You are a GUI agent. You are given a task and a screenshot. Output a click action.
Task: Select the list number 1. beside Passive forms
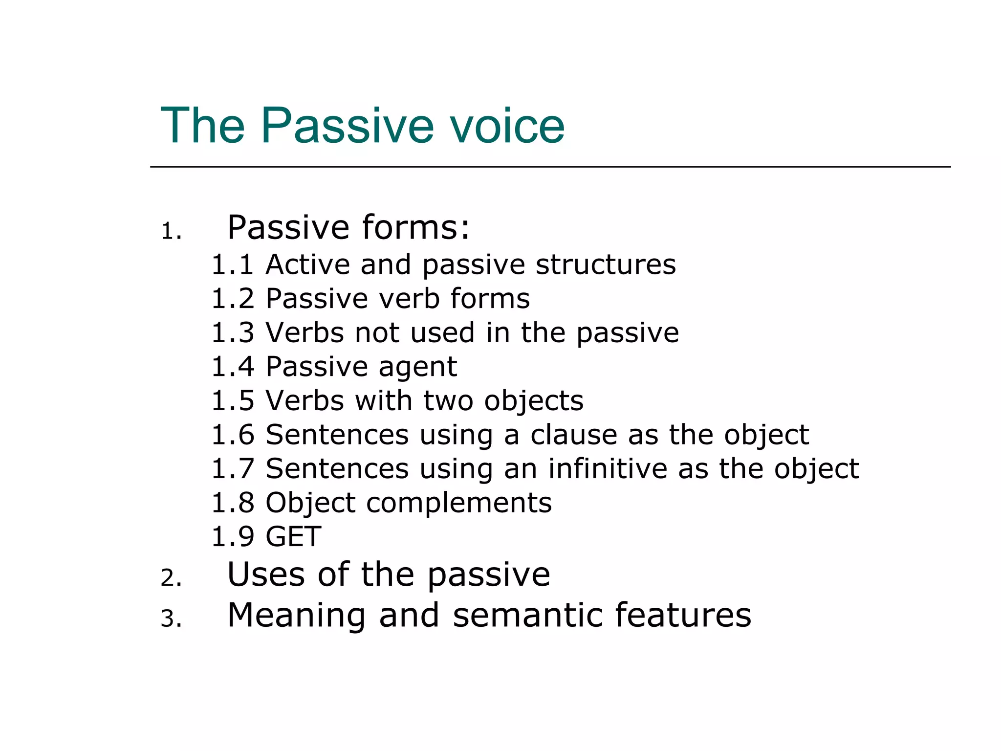171,232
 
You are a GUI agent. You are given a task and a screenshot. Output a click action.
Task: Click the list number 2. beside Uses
171,578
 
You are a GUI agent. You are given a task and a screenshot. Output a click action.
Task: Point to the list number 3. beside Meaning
171,619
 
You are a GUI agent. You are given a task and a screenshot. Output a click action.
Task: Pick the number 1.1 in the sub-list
233,265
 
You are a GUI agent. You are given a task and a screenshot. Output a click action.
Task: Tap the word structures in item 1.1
606,265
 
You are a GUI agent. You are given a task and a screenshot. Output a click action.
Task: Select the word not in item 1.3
377,332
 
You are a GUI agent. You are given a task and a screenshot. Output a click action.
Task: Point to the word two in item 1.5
448,401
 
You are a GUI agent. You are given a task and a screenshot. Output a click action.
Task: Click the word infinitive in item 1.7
608,468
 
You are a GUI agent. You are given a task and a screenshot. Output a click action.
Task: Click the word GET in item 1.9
293,537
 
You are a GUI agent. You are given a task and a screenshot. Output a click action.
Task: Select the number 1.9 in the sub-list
233,537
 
